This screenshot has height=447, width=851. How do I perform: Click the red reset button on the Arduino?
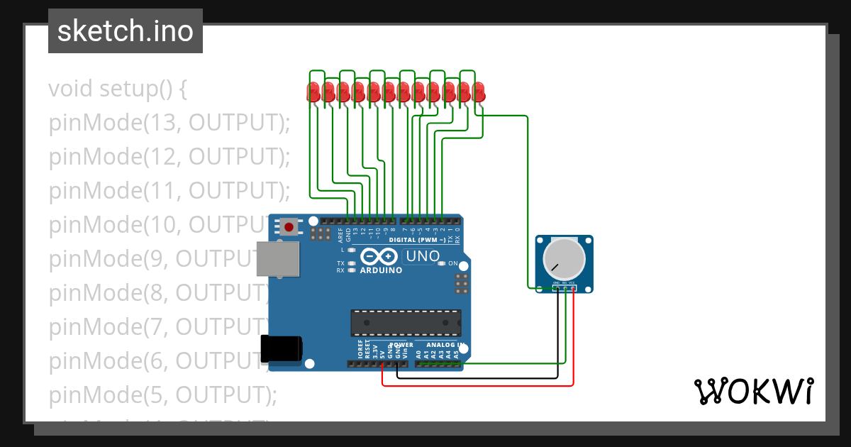[289, 227]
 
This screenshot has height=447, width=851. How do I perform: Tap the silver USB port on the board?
[278, 259]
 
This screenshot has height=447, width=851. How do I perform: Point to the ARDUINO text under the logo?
[381, 270]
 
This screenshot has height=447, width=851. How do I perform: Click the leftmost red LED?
[313, 92]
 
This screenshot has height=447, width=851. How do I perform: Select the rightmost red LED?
[479, 92]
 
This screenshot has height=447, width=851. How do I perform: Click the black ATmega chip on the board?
[406, 323]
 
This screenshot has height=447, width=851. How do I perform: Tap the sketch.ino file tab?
[126, 31]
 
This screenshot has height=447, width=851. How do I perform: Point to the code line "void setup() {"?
[118, 89]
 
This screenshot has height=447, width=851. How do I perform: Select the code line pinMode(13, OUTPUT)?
[169, 123]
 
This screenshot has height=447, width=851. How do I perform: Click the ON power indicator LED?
[442, 263]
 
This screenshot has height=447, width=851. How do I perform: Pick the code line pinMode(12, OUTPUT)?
[169, 157]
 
